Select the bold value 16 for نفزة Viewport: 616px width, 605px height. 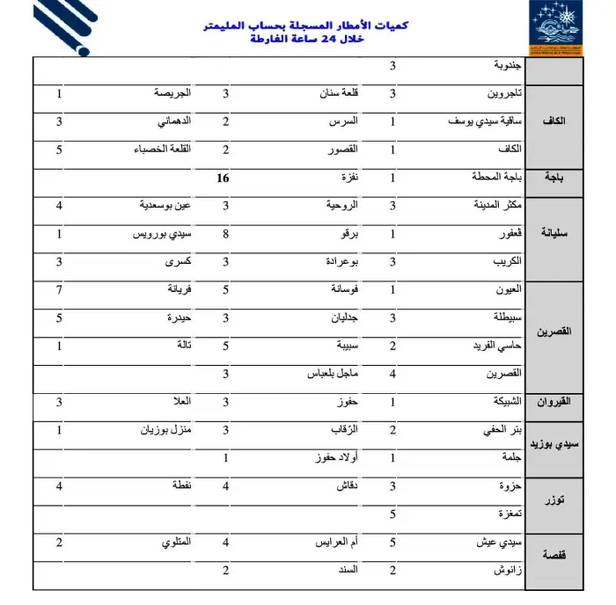click(x=224, y=178)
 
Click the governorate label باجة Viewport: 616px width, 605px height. click(x=554, y=178)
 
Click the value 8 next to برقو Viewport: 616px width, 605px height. click(x=226, y=235)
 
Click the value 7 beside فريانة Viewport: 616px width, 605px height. click(x=59, y=289)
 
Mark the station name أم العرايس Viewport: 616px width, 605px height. click(x=335, y=543)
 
